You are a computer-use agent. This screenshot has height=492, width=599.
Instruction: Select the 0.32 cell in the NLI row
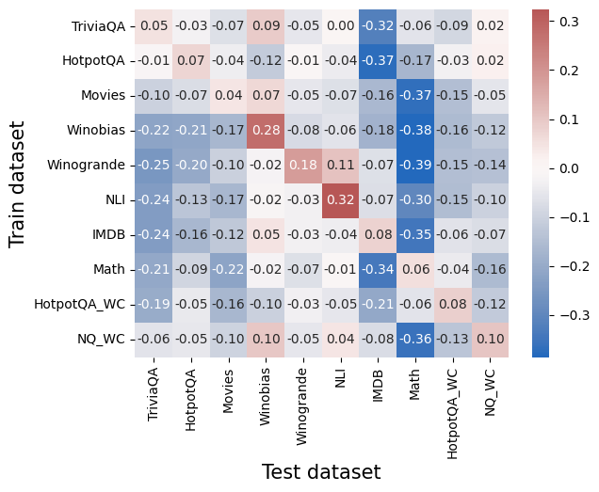tap(340, 199)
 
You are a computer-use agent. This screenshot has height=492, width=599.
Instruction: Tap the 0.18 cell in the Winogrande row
tap(302, 165)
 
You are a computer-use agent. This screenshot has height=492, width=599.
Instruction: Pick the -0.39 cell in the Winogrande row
tap(414, 165)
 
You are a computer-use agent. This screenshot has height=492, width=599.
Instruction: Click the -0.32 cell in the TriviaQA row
tap(378, 26)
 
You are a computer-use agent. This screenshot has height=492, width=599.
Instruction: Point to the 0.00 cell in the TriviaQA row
tap(340, 26)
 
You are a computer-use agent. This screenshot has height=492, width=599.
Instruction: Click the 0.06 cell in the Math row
tap(414, 269)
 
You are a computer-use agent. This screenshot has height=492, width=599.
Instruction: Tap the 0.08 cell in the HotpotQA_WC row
tap(452, 304)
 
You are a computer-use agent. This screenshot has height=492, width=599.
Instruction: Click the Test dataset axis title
tap(320, 472)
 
